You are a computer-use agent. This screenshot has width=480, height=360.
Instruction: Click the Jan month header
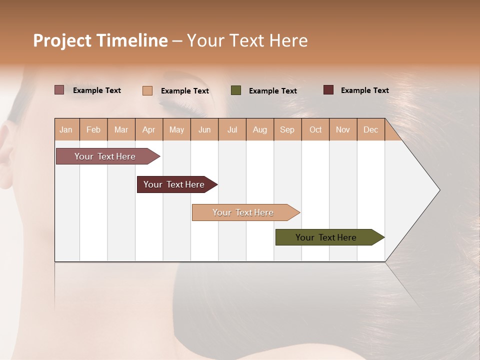pos(66,129)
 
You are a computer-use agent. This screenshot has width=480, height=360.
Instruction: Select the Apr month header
pos(149,129)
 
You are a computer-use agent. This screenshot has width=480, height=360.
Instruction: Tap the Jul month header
pos(232,129)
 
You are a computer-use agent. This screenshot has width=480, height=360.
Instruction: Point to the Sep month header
pos(287,129)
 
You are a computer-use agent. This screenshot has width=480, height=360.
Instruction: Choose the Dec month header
pos(370,129)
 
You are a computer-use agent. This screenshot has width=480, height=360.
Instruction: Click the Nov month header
pos(343,129)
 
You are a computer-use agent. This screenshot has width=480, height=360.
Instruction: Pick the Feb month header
pos(93,129)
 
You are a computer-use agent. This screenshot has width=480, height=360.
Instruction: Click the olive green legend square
pos(236,90)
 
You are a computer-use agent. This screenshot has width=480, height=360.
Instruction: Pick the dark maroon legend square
pos(328,90)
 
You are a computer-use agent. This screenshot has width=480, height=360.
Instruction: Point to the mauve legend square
pos(59,90)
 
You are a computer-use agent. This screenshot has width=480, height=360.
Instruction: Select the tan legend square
pos(147,90)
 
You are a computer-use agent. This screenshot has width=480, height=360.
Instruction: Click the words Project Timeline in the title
pos(100,40)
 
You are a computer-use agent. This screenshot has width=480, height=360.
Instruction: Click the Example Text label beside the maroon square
pos(364,90)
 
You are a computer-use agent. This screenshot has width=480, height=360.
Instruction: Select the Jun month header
pos(204,129)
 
